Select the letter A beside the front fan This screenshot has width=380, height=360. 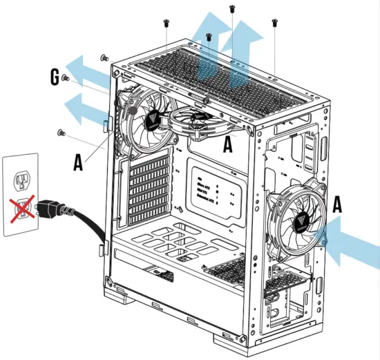[x=336, y=204]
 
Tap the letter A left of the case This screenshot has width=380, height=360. [x=79, y=161]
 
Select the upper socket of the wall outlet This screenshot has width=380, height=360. [x=20, y=180]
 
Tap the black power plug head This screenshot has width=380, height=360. [x=52, y=207]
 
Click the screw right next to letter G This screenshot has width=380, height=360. [x=65, y=79]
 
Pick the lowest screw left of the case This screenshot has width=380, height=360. [x=60, y=131]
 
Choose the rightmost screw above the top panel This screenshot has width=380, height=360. [x=275, y=22]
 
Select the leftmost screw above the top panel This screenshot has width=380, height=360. [x=167, y=23]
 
